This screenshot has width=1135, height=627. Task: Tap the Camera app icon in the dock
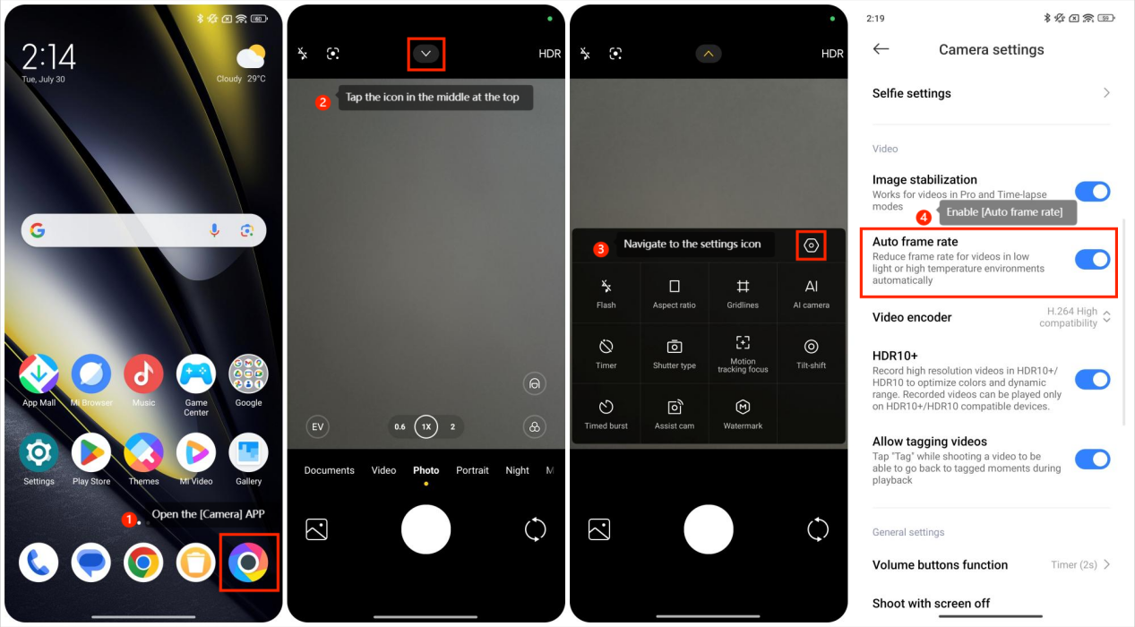[248, 563]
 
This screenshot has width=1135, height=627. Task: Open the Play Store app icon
[91, 452]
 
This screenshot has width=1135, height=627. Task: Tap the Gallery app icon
[248, 452]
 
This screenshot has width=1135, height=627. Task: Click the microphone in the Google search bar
[214, 230]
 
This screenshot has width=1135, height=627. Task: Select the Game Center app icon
[196, 374]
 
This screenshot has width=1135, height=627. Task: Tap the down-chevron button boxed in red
[426, 54]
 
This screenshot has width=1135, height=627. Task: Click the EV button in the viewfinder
[318, 426]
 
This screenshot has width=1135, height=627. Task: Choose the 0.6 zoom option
[400, 426]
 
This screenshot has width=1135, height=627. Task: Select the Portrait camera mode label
[472, 470]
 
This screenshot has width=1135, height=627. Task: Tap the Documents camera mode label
[329, 470]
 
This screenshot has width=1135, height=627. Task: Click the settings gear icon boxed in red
[811, 245]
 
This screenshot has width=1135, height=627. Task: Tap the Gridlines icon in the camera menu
[743, 287]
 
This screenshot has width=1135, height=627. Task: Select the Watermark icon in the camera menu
[743, 407]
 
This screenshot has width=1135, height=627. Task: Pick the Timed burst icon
[606, 407]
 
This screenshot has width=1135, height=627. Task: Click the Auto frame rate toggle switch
[1092, 260]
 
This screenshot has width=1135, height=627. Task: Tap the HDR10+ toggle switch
[1092, 380]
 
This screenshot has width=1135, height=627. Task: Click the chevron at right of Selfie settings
[1106, 93]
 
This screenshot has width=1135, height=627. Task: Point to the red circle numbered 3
[600, 249]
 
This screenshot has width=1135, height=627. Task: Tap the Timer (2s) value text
[1074, 564]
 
